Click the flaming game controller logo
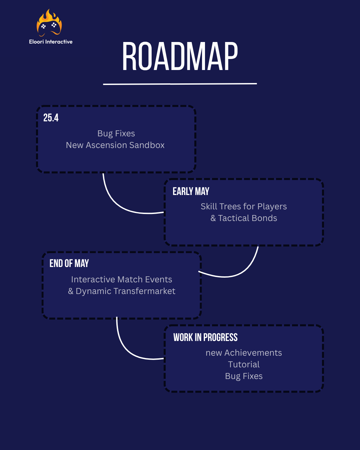tap(49, 23)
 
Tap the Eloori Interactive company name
tap(51, 42)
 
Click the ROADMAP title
tap(180, 56)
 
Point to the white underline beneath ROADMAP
tap(180, 84)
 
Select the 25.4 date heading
tap(51, 118)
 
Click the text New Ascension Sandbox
tap(115, 145)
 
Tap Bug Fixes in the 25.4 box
tap(116, 134)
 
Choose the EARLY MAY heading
tap(191, 191)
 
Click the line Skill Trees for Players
tap(244, 206)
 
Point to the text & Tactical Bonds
tap(244, 218)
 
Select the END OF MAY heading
tap(69, 263)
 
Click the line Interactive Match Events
tap(122, 279)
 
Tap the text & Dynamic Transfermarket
tap(122, 291)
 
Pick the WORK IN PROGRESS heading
tap(205, 337)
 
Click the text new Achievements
tap(244, 353)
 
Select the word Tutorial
tap(244, 364)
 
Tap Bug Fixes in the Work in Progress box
tap(244, 376)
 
